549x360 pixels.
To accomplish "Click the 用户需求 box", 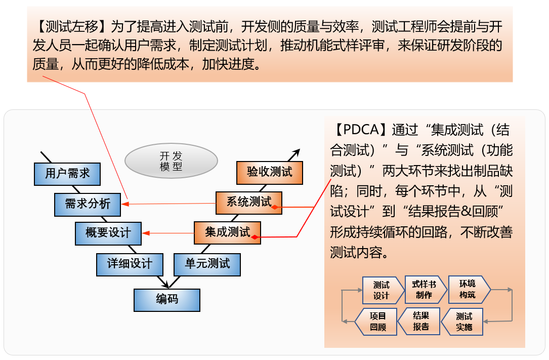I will tap(67, 174).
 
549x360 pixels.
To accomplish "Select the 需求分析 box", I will tap(88, 204).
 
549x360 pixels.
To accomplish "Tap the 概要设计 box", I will tap(108, 233).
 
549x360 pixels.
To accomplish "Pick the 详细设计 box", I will tap(130, 264).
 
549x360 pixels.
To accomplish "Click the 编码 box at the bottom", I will tap(167, 299).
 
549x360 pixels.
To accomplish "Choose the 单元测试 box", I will tap(207, 264).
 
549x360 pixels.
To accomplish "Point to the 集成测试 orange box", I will tap(227, 232).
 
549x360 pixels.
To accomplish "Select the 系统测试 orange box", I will tap(248, 203).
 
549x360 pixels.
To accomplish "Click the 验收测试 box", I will tap(270, 172).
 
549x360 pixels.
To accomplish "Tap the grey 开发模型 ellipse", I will tap(171, 161).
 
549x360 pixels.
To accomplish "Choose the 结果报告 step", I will tap(420, 322).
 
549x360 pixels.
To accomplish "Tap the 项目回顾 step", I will tap(377, 322).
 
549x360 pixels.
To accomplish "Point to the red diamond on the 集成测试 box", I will tap(254, 237).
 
